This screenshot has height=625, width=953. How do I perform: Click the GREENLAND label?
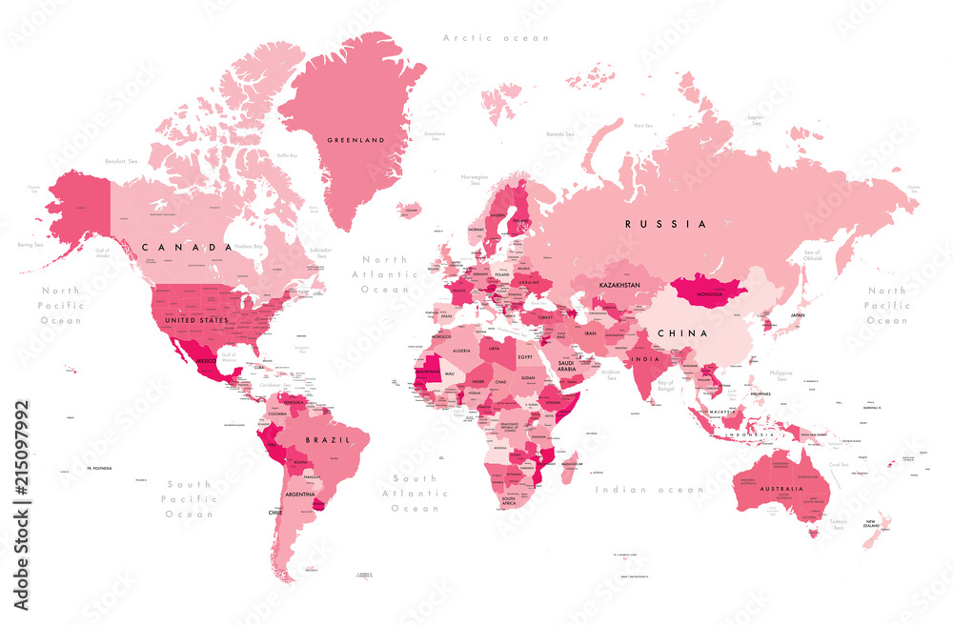point(355,140)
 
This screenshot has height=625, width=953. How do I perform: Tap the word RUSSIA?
point(665,224)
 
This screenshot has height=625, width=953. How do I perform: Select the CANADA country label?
point(186,247)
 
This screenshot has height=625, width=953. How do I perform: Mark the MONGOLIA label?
point(711,295)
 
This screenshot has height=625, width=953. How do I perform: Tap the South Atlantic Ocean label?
point(416,494)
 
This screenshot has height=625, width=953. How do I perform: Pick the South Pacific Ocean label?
point(189,499)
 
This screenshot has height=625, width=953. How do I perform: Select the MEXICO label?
point(209,363)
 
